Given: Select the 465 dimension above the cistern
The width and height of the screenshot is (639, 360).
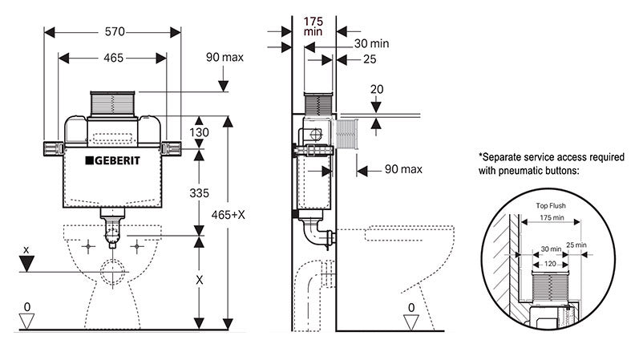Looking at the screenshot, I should [112, 58].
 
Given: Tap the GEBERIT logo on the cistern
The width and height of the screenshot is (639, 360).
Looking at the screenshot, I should [113, 160].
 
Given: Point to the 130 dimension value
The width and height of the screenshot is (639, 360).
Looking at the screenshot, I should [199, 132].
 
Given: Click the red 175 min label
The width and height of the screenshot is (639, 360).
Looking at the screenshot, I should [313, 26].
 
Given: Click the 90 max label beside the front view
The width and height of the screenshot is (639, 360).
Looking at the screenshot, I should [225, 58].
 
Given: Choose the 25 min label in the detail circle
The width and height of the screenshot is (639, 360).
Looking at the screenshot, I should [576, 245].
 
